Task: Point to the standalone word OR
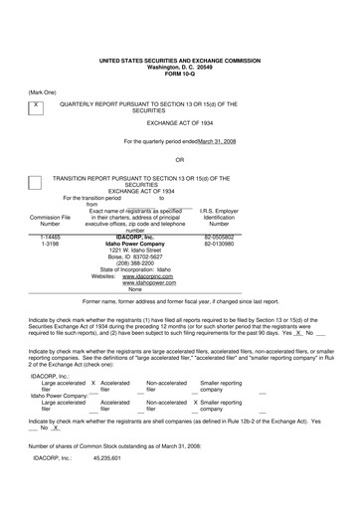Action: click(x=180, y=159)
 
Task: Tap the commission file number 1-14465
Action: click(x=50, y=238)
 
